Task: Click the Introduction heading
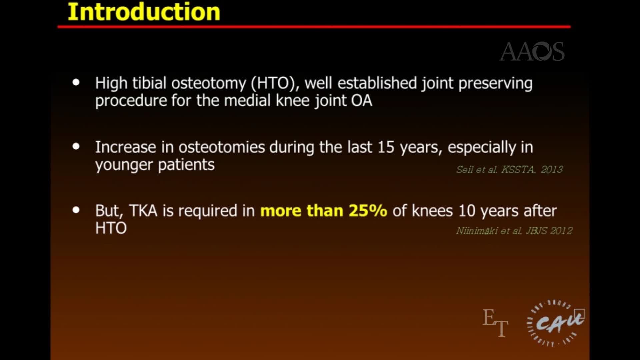pos(144,12)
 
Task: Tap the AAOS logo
pos(532,52)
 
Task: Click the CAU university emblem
pos(556,323)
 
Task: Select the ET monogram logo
pos(495,322)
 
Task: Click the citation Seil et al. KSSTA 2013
pos(509,170)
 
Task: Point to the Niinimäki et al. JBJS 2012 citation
pos(514,231)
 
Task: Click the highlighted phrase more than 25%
pos(324,211)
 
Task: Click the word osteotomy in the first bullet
pos(209,83)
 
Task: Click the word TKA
pos(143,211)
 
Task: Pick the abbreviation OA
pos(361,101)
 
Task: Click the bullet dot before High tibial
pos(76,82)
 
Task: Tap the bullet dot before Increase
pos(76,146)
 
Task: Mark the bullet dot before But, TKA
pos(76,210)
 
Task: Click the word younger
pos(124,165)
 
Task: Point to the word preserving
pos(495,83)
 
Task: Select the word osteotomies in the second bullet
pos(222,147)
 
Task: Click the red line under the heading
pos(314,27)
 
